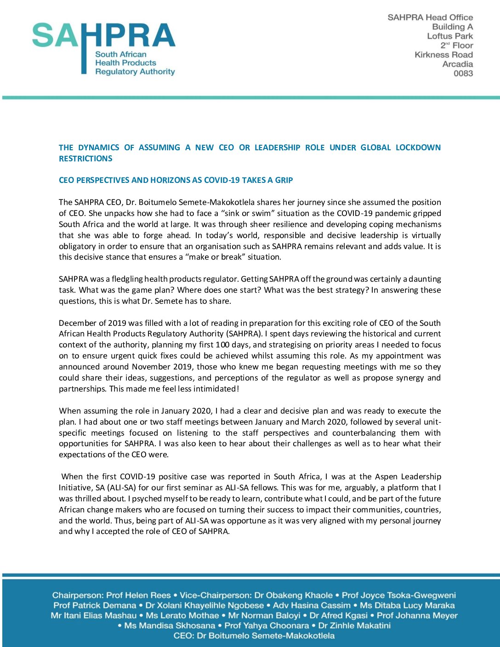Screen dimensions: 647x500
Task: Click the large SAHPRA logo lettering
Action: coord(103,36)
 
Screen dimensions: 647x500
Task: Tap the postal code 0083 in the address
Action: coord(463,74)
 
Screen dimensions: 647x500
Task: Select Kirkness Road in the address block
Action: coord(443,55)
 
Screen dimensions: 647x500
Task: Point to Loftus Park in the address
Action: coord(449,36)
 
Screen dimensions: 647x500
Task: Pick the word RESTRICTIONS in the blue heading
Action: coord(85,159)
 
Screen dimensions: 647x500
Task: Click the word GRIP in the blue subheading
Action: coord(284,180)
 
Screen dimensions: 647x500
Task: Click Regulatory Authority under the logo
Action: coord(135,72)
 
